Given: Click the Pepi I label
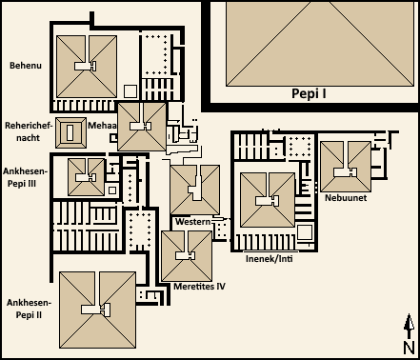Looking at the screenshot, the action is (309, 94).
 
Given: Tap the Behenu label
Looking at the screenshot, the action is (26, 66).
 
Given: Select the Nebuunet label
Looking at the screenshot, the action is (346, 198).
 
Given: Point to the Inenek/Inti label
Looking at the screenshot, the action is (270, 259).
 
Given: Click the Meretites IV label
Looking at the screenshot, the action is (199, 287).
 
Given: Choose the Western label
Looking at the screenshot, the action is (193, 221).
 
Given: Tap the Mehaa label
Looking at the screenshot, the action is (103, 126).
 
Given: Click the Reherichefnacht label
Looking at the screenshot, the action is (29, 131).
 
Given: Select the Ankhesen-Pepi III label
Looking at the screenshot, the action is (25, 177).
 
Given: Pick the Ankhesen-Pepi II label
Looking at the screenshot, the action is (29, 309).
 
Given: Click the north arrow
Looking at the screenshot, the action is (410, 327).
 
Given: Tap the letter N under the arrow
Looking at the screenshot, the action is (410, 348).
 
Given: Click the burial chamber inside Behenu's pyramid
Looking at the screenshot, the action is (86, 66).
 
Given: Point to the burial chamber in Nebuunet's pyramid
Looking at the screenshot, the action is (346, 172).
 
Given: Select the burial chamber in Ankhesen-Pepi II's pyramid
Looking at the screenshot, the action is (96, 310).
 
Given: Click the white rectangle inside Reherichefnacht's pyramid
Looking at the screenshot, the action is (70, 132).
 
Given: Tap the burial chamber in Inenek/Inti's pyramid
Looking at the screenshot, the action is (268, 201).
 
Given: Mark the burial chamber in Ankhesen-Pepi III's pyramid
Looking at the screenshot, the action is (86, 177).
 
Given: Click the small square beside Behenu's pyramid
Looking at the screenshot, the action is (130, 91).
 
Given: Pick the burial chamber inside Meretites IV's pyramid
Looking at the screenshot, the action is (186, 255).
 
